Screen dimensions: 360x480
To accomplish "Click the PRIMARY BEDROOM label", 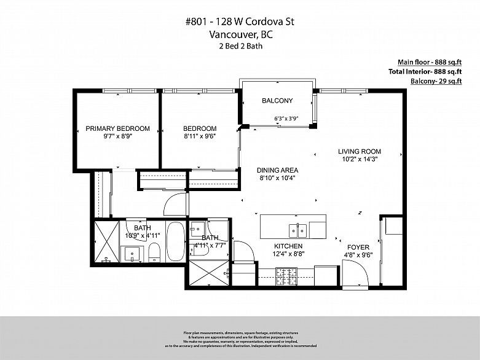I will pos(117,128).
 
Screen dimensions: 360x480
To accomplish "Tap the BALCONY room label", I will pos(277,101).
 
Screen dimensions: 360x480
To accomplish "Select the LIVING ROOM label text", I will pos(360,151).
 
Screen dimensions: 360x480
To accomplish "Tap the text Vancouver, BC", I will pos(240,35).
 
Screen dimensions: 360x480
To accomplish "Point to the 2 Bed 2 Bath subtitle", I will pos(240,46).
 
